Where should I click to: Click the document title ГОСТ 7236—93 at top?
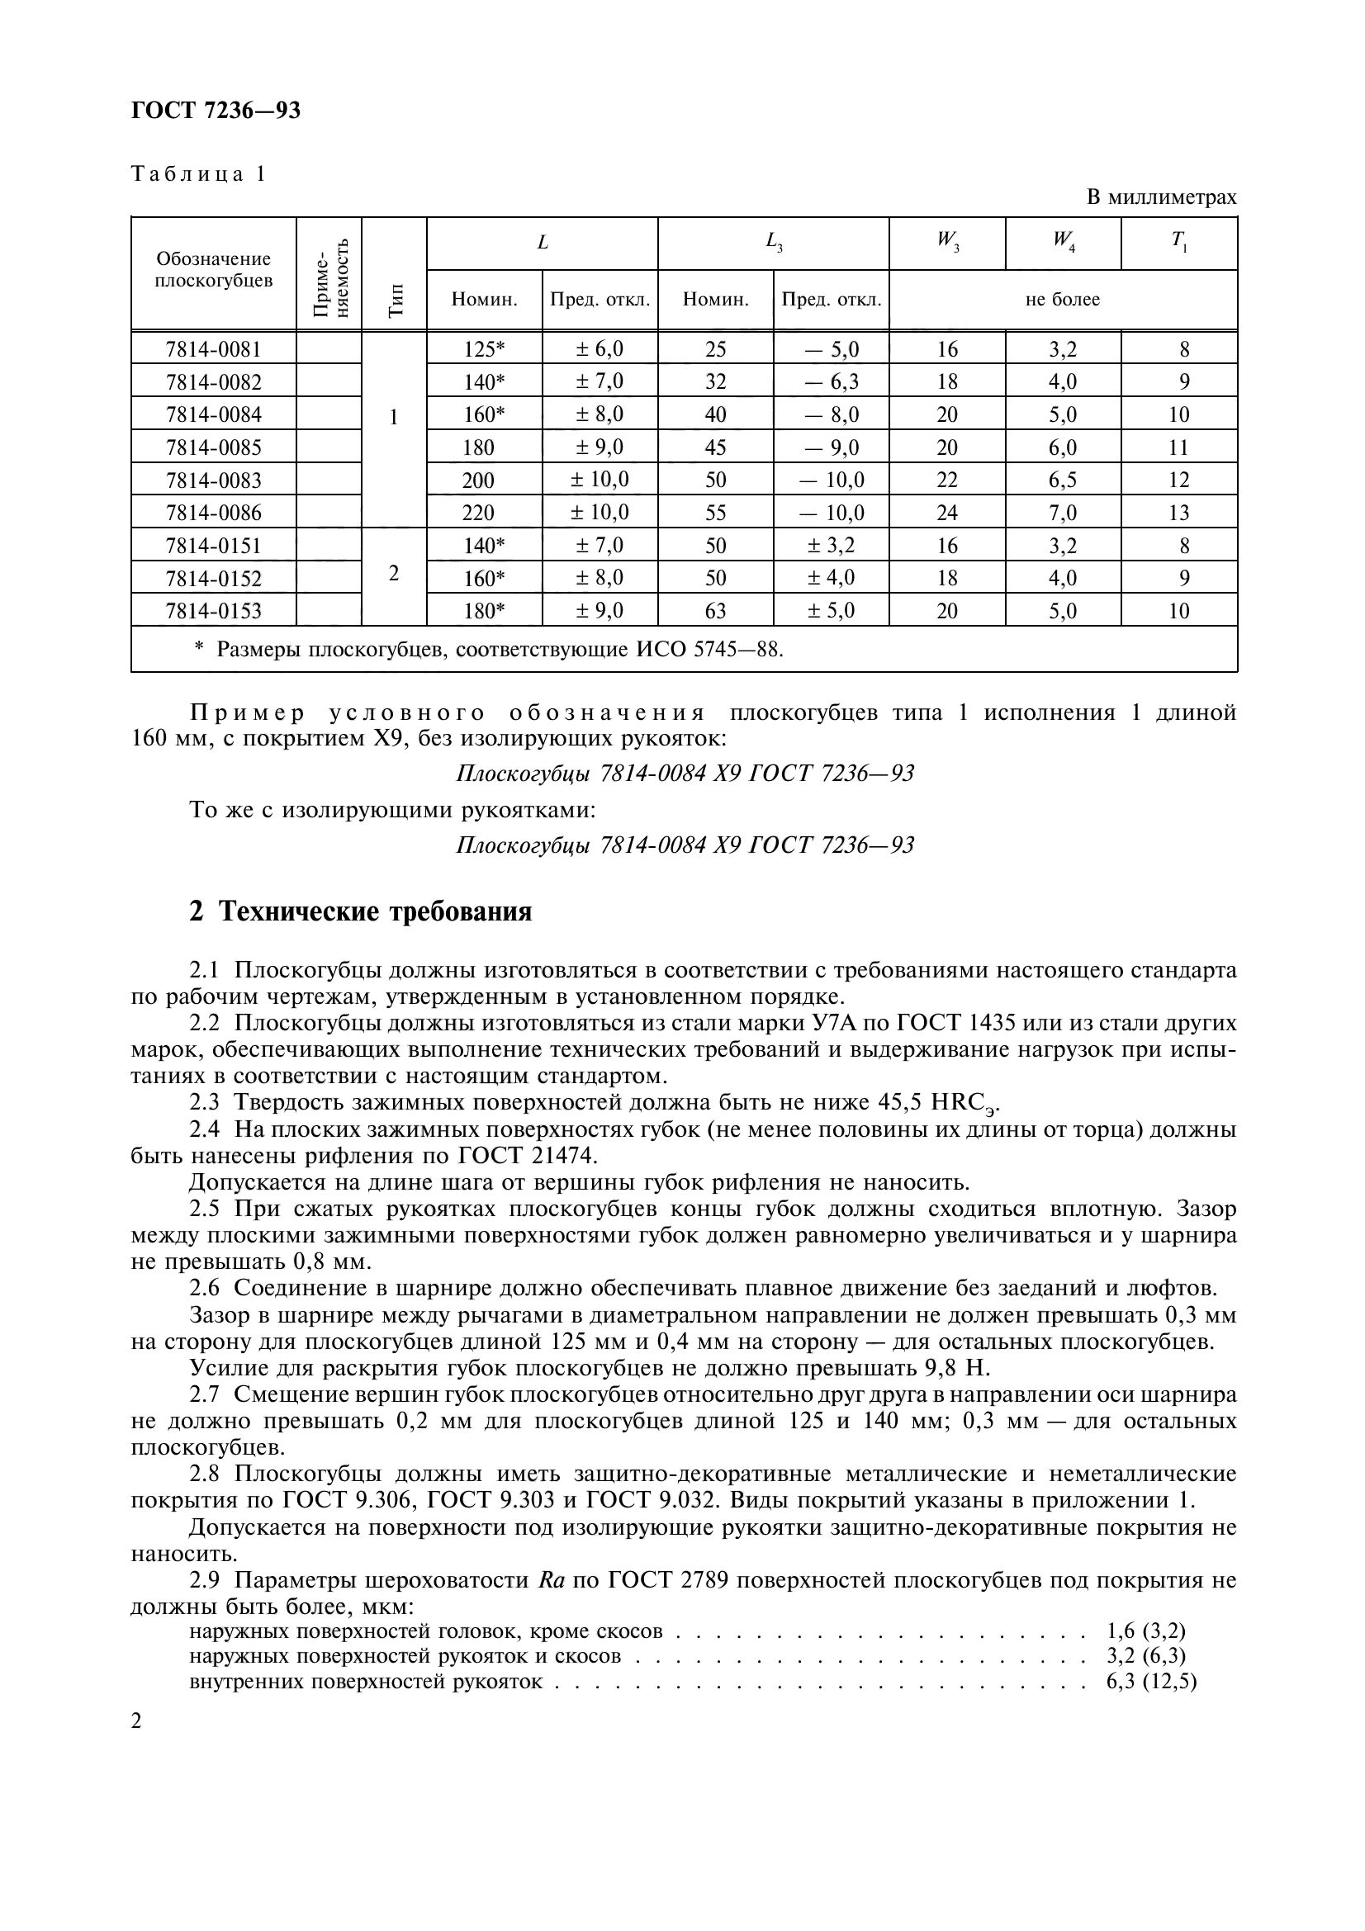point(216,110)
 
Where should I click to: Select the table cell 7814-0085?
point(214,447)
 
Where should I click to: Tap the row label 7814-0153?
point(214,611)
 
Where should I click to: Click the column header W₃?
point(947,242)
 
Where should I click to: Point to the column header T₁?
point(1178,242)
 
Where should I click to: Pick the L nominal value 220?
point(479,513)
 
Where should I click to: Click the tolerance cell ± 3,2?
point(831,546)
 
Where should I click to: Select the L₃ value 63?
point(715,611)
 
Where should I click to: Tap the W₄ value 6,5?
point(1062,480)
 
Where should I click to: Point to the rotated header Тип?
point(395,300)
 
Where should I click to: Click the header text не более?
point(1062,300)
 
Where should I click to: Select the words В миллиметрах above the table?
point(1162,197)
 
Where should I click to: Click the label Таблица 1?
point(198,174)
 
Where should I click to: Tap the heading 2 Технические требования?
point(361,911)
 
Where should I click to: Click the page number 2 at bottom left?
point(137,1721)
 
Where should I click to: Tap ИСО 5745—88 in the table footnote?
point(709,649)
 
